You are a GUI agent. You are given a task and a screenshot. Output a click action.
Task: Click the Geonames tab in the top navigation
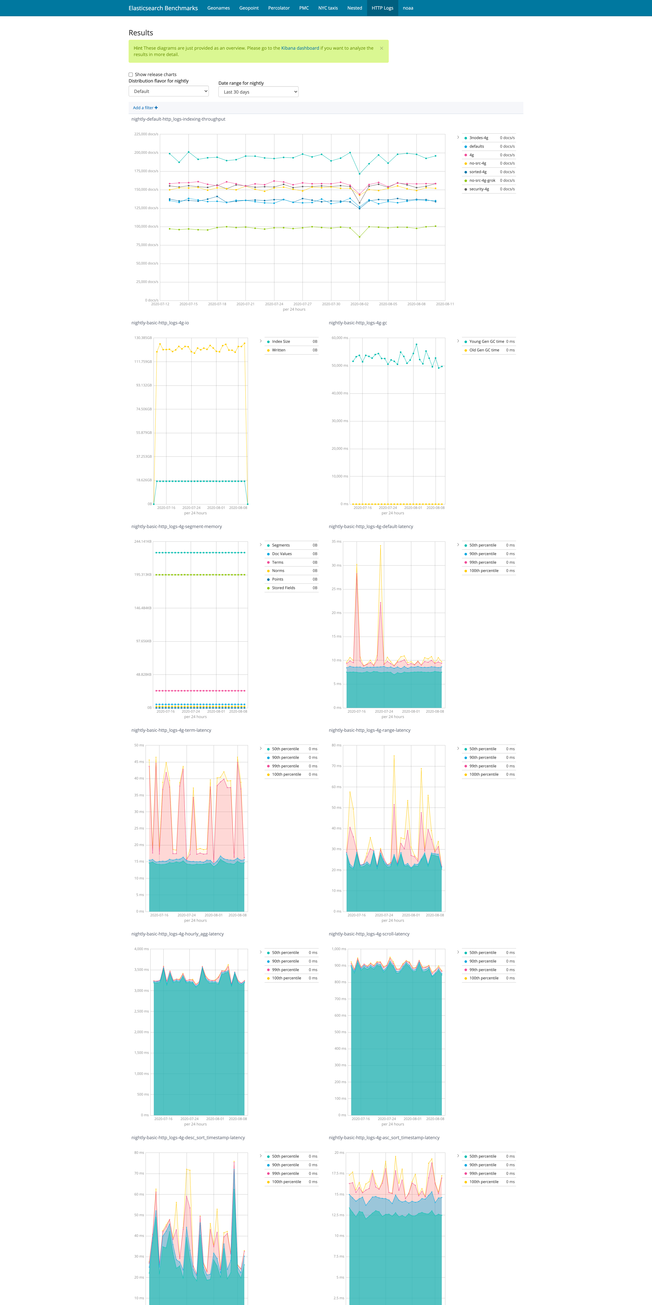218,8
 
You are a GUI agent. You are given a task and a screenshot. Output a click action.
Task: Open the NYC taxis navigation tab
328,8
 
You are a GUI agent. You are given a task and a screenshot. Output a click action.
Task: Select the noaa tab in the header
408,8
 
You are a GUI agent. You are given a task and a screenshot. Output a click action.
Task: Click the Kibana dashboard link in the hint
300,48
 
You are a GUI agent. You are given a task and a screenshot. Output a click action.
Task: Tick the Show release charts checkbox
131,74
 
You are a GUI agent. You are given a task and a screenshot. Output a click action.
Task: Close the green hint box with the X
381,48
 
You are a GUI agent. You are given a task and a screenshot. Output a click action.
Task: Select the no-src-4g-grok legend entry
482,180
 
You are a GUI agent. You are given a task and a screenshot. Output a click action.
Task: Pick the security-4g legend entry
479,189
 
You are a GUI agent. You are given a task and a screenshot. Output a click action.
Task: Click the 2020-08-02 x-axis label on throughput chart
359,304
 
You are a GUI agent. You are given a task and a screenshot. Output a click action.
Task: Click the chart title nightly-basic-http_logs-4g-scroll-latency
369,934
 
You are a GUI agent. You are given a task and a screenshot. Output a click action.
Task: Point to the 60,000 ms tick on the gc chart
339,338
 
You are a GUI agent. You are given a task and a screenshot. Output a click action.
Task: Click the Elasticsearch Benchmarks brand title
163,8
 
